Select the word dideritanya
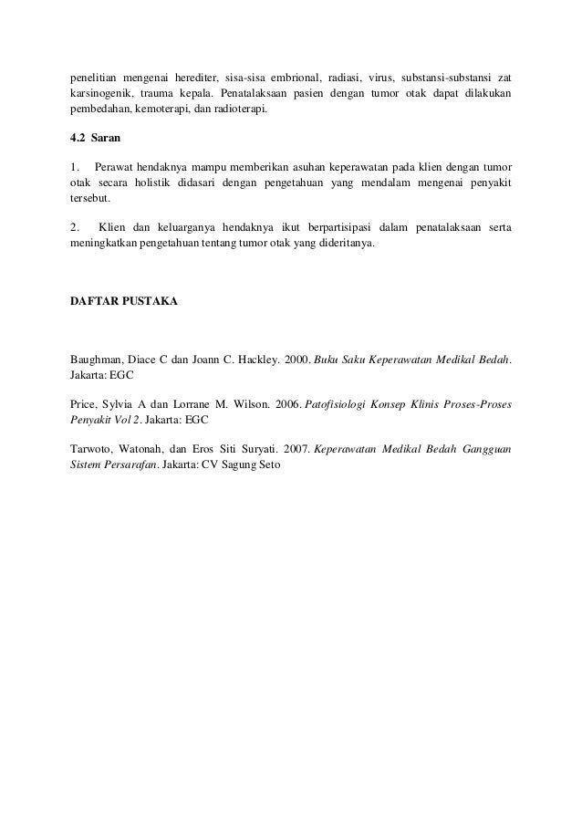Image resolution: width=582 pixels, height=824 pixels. pos(344,245)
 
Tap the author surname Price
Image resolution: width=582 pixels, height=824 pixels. pos(84,402)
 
